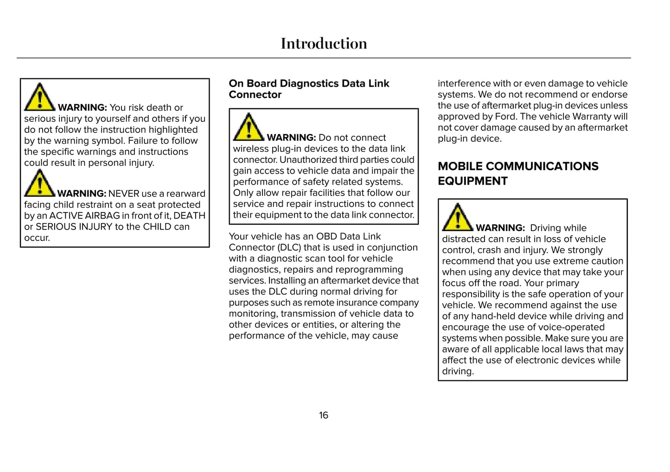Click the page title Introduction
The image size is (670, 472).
[x=324, y=44]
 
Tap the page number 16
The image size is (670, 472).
[x=323, y=415]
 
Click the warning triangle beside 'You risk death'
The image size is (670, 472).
[x=40, y=98]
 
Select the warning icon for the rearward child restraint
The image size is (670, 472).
[x=40, y=183]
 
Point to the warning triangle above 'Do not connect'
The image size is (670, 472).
[x=249, y=127]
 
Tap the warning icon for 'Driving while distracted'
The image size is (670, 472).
[x=458, y=218]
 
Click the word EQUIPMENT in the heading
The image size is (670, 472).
[x=472, y=181]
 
